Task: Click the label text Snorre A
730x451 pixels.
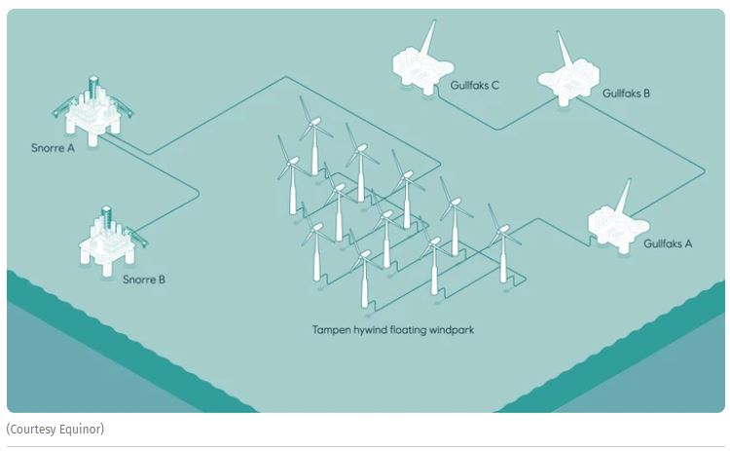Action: coord(53,149)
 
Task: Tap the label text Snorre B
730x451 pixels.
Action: coord(143,280)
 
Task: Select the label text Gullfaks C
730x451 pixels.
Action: coord(475,86)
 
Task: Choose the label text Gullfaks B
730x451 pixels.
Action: coord(626,94)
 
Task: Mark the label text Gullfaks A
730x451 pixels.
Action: coord(668,244)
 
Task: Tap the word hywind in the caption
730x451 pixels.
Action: coord(374,329)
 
